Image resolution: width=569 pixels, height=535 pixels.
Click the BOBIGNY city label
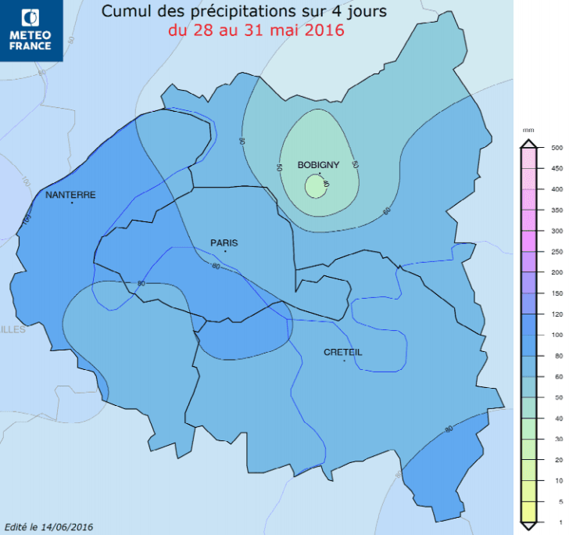318,164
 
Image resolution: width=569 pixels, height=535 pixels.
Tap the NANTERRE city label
70,194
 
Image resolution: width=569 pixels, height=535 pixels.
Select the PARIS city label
224,242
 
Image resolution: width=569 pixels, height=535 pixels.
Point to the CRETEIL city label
343,352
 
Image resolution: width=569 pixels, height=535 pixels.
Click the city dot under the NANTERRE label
72,203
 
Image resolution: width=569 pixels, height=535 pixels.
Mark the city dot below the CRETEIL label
345,361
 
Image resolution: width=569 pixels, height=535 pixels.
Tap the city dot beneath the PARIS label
225,251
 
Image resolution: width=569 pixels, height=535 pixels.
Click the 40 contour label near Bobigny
326,184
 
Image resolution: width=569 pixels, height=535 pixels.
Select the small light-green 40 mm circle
314,187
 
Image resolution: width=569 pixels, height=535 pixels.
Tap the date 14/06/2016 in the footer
68,526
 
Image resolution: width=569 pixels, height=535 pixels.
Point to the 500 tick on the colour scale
557,148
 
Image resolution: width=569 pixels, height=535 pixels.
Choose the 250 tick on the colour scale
557,252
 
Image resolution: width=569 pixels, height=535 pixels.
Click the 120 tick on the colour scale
557,314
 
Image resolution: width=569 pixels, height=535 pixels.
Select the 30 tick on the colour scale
556,439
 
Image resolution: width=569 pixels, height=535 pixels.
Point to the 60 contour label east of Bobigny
388,211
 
